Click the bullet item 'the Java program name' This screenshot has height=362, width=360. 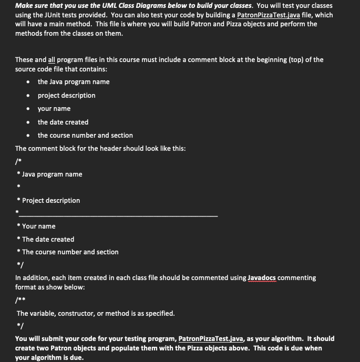tap(74, 81)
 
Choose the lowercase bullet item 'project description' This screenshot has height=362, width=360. tap(66, 95)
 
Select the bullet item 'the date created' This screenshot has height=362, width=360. tap(63, 122)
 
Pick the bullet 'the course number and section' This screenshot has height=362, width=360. tap(85, 135)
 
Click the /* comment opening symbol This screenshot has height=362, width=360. tap(18, 161)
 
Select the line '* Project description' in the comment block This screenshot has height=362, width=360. tap(48, 200)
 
